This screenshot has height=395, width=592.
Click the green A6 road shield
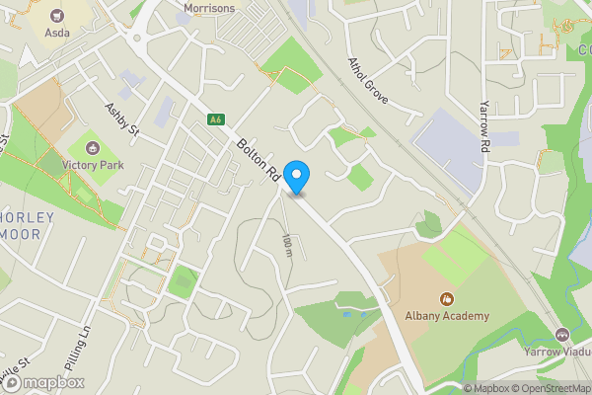(214, 119)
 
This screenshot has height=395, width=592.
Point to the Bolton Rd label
(259, 158)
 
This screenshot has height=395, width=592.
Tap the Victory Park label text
(93, 165)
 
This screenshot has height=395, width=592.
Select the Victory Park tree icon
(93, 148)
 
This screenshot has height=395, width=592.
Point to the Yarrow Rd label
(484, 125)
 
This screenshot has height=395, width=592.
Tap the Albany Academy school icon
(446, 298)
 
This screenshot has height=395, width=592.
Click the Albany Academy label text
(446, 316)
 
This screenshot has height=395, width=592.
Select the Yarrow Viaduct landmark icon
(562, 335)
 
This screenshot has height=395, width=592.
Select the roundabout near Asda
(136, 41)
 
